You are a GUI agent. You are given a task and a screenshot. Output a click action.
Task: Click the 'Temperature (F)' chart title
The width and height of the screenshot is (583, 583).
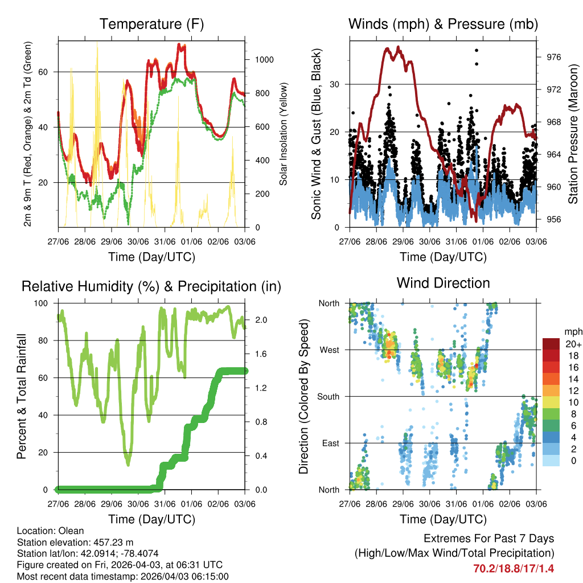tap(151, 24)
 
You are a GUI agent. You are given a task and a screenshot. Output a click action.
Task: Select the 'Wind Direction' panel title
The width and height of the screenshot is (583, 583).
tap(443, 283)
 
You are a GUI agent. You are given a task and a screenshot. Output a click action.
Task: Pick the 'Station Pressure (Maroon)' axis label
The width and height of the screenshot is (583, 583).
tap(573, 134)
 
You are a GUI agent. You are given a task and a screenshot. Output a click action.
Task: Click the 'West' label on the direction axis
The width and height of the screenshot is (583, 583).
tap(329, 350)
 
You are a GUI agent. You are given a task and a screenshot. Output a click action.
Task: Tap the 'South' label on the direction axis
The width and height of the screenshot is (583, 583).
tap(327, 396)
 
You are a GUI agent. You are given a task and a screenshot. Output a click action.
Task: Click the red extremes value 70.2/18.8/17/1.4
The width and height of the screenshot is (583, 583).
tap(514, 568)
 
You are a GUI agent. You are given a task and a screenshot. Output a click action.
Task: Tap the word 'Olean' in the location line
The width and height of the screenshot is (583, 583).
tap(68, 531)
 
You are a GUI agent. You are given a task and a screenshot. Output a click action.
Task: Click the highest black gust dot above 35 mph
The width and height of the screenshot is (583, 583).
tap(477, 51)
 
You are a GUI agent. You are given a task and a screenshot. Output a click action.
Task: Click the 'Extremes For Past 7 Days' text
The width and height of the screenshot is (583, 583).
tap(488, 539)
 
